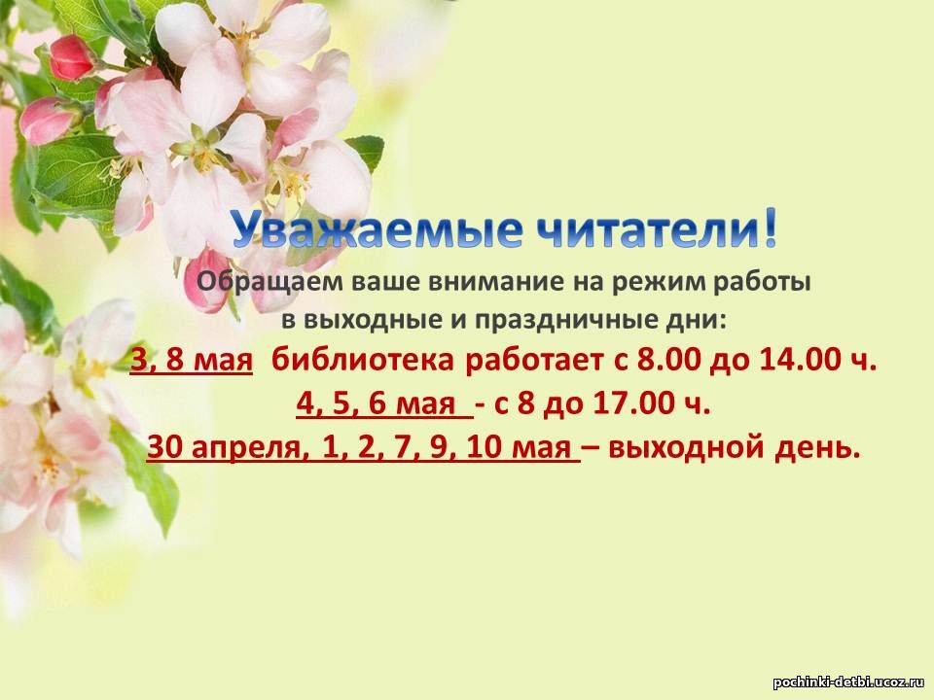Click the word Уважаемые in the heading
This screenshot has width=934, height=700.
click(x=376, y=229)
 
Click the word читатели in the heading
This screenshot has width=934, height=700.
click(x=645, y=229)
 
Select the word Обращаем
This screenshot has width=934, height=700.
click(x=269, y=282)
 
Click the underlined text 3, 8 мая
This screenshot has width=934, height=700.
click(x=192, y=361)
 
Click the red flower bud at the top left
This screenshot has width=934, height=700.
click(x=71, y=57)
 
